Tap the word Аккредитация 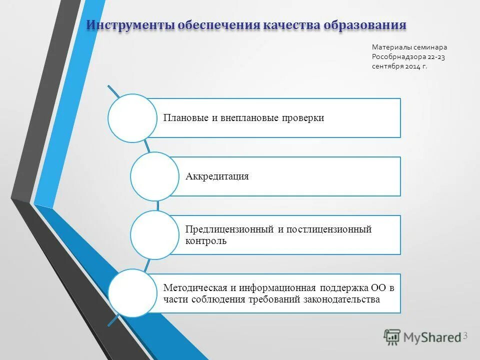click(x=217, y=176)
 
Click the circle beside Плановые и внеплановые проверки click(x=132, y=118)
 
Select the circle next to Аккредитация click(x=154, y=176)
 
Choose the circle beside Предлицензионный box click(x=154, y=235)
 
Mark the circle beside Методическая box click(x=132, y=293)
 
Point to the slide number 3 click(x=465, y=335)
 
